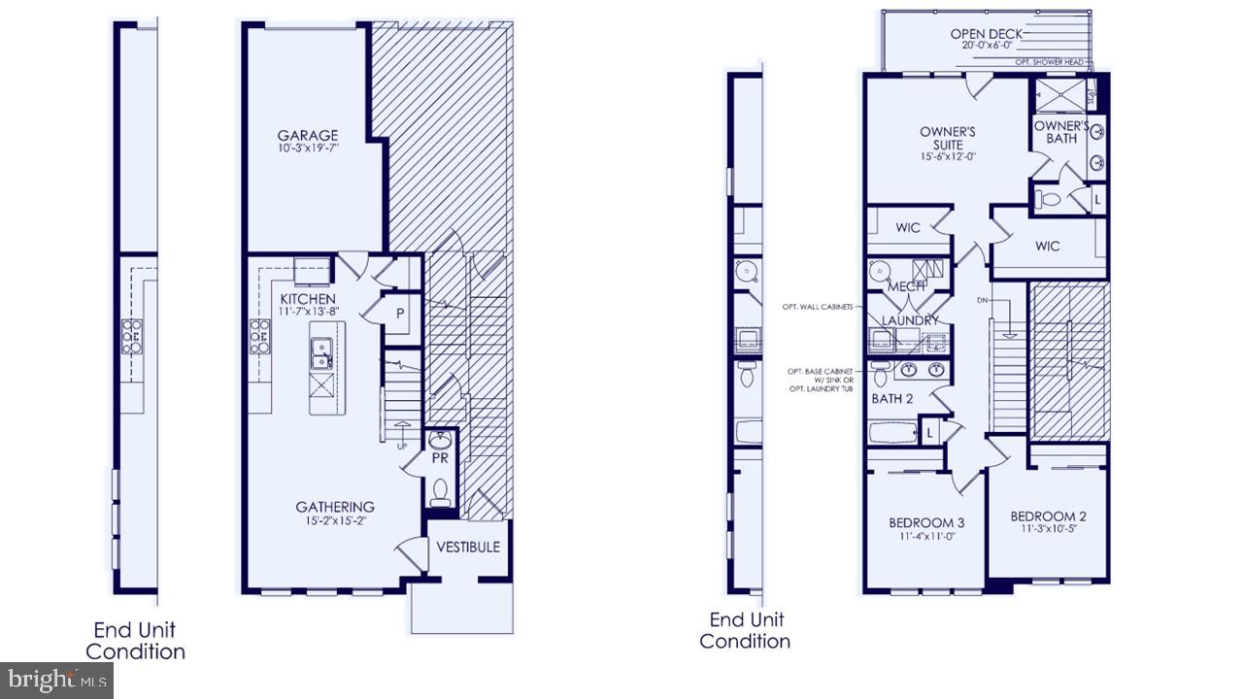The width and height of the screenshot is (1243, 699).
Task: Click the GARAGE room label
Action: [308, 136]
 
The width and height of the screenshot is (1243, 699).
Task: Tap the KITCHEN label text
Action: [308, 299]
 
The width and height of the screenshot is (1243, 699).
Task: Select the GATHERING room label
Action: [335, 507]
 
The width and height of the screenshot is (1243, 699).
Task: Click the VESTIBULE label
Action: [468, 547]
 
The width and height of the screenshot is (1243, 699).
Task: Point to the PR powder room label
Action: [439, 458]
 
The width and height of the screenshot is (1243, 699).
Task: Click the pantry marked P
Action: [399, 312]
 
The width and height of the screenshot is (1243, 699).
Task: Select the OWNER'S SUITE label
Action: [947, 138]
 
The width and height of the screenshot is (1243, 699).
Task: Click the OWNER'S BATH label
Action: [1061, 132]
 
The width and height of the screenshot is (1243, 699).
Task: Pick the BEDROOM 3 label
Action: [926, 524]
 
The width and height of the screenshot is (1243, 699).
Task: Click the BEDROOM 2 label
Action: [1048, 516]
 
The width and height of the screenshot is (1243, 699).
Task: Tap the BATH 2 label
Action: [892, 399]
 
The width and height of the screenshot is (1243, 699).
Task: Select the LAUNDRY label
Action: [910, 320]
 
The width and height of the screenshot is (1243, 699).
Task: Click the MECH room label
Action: [905, 286]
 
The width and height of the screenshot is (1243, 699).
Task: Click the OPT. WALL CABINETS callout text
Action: [817, 307]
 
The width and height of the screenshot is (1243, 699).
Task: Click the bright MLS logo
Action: [56, 680]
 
